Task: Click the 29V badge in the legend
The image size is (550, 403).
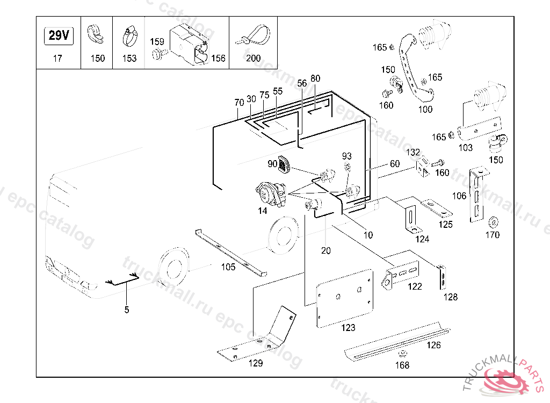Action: [x=58, y=36]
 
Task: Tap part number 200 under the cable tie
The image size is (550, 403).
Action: [x=253, y=58]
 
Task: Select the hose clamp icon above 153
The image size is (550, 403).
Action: [x=129, y=37]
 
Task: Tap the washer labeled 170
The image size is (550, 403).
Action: [x=492, y=221]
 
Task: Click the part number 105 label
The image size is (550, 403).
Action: [x=228, y=267]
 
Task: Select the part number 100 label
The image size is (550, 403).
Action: [x=425, y=110]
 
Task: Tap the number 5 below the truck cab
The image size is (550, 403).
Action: [x=127, y=310]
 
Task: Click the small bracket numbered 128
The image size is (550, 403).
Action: [x=443, y=276]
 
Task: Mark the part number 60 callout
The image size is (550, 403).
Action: [x=395, y=164]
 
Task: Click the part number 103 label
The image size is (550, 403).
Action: [x=465, y=148]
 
